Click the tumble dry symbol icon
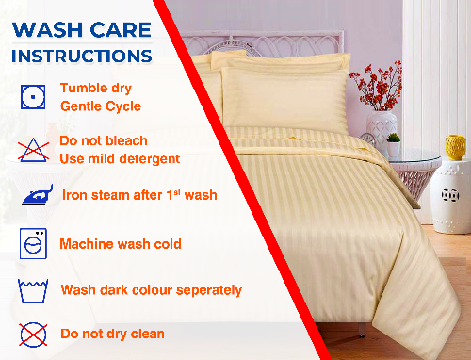31,96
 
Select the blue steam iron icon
33,197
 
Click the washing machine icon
32,243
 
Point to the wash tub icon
32,288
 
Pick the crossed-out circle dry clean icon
32,333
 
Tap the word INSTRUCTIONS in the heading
81,56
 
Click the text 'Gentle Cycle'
101,106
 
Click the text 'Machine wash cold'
121,244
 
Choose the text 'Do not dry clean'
112,334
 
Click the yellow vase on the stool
456,147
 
